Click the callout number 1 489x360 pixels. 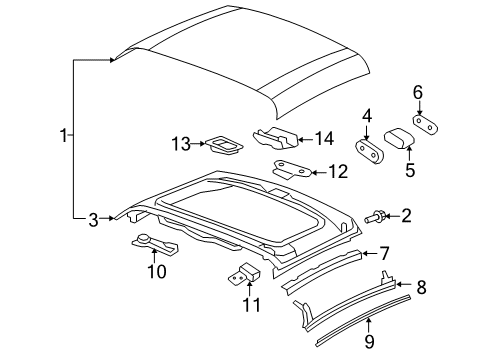point(65,135)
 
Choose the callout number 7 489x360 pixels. point(384,254)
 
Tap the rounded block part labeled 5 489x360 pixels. point(397,138)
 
